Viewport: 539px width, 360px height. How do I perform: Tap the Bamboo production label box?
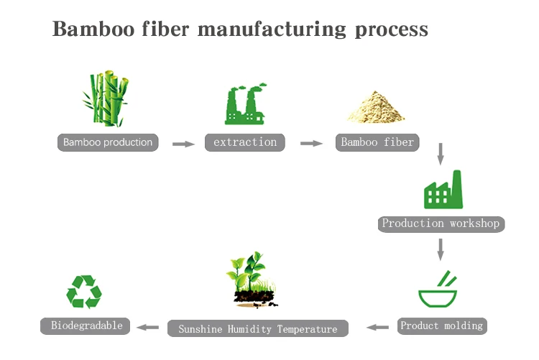(108, 142)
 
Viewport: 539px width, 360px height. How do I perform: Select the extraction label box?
(245, 142)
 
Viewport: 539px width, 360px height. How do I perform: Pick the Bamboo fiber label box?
(377, 142)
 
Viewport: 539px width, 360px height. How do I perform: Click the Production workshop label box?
(441, 223)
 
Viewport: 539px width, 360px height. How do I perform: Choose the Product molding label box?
(441, 326)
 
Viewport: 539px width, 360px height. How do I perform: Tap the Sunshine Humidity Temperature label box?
(258, 329)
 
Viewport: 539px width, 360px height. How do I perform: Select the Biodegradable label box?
(86, 326)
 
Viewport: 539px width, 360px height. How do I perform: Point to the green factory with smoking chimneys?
(245, 103)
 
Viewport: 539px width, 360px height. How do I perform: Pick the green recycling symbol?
(84, 292)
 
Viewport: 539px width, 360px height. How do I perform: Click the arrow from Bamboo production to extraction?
(183, 144)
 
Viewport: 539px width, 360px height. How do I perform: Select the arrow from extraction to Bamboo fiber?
(311, 143)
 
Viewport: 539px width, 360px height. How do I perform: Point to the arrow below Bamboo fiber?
(441, 154)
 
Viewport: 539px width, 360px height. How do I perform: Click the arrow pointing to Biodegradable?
(148, 328)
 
